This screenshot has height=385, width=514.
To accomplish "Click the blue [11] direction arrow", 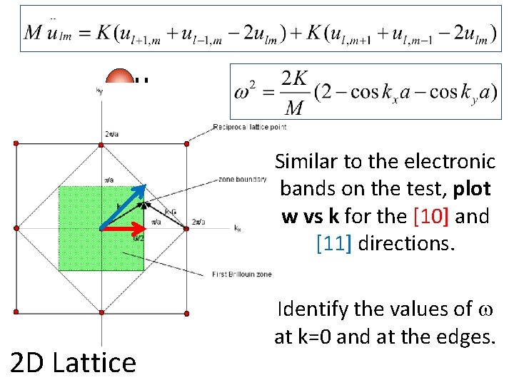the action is pyautogui.click(x=124, y=207).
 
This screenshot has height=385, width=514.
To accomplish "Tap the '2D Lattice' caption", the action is pyautogui.click(x=74, y=362).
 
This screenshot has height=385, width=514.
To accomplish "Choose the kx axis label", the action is pyautogui.click(x=238, y=228).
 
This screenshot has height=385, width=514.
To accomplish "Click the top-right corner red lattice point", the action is pyautogui.click(x=187, y=144).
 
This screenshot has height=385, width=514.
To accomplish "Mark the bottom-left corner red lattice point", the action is pyautogui.click(x=16, y=312).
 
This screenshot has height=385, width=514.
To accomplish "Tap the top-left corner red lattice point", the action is pyautogui.click(x=16, y=144).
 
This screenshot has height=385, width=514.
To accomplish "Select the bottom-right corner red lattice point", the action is pyautogui.click(x=187, y=312).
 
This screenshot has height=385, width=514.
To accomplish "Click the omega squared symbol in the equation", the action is pyautogui.click(x=250, y=93).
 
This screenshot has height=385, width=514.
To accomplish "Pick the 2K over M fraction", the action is pyautogui.click(x=293, y=93).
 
